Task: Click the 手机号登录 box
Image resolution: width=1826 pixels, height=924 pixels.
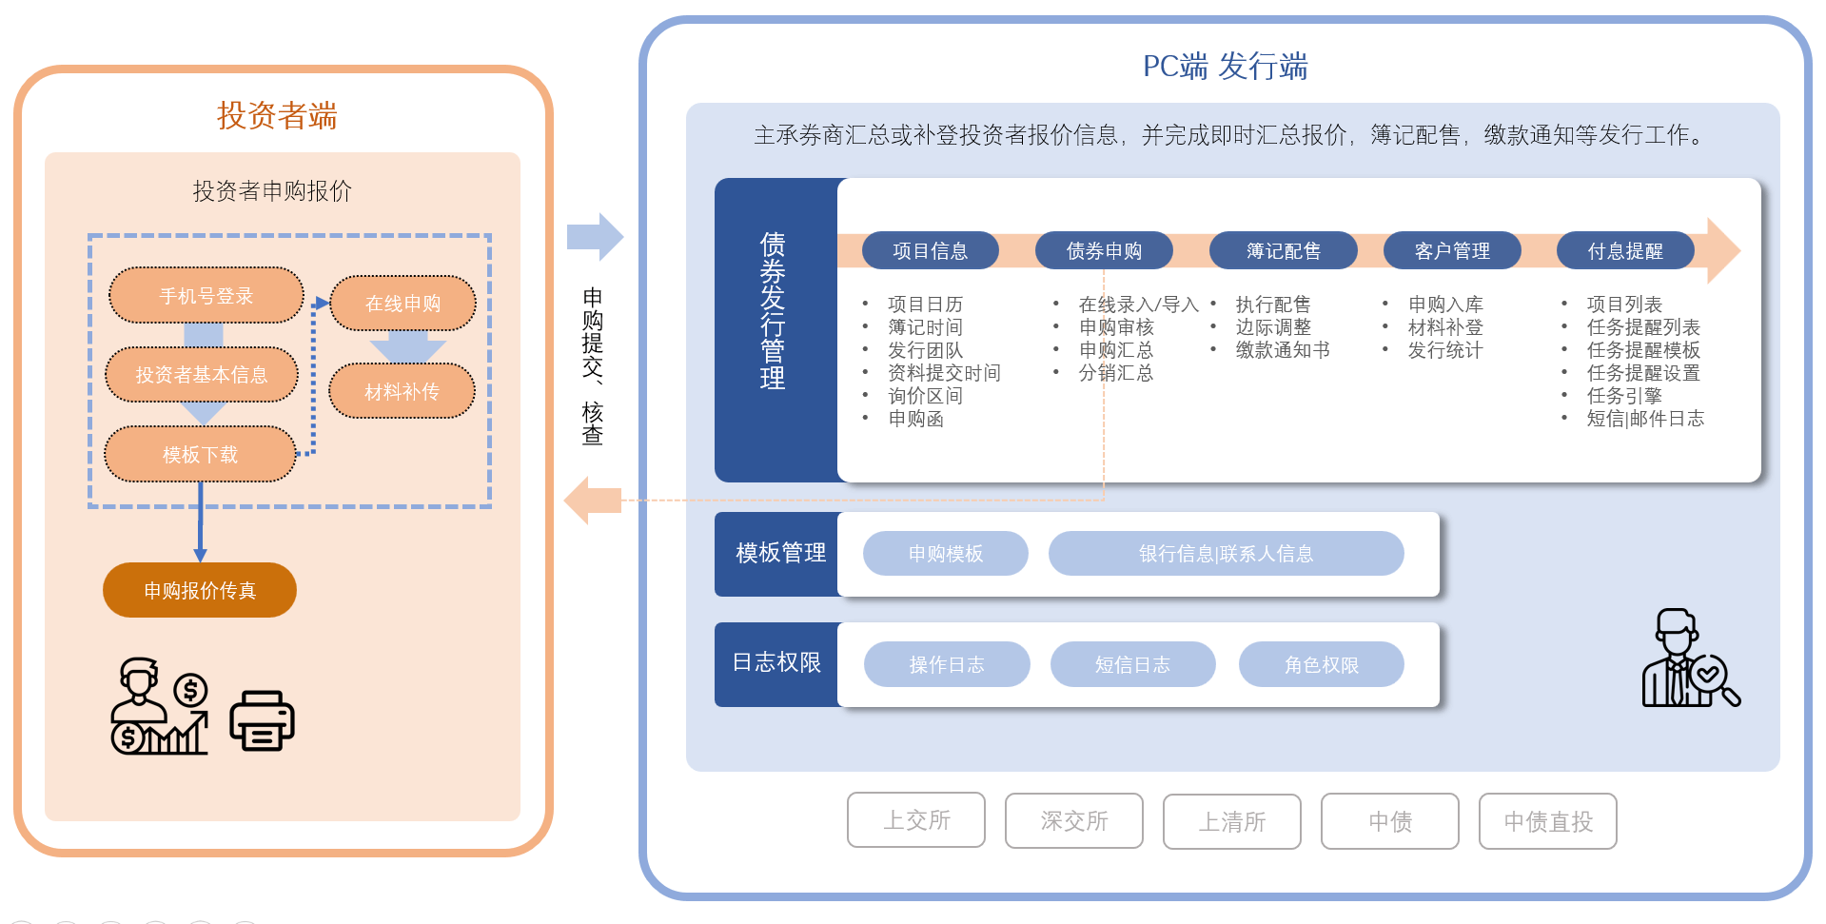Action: pos(206,296)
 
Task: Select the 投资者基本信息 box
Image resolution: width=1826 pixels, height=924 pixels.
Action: pos(202,375)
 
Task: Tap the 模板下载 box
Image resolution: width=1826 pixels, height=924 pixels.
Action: pos(200,455)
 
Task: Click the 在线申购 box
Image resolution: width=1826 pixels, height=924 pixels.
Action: pos(403,304)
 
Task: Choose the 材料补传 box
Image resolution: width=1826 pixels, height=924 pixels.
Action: pos(402,391)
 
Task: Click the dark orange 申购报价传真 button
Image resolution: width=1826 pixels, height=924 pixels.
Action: pos(200,591)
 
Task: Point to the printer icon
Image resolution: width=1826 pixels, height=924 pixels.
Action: pos(262,720)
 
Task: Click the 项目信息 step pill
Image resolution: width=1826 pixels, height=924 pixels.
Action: pos(930,251)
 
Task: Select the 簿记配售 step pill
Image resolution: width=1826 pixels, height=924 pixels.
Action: pos(1283,251)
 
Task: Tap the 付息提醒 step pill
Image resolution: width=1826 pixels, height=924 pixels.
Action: pos(1625,251)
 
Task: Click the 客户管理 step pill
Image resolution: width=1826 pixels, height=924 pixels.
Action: pos(1452,251)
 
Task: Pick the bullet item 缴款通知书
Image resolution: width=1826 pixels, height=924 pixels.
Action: pos(1282,350)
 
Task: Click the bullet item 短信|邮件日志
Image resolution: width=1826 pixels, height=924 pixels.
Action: pos(1645,419)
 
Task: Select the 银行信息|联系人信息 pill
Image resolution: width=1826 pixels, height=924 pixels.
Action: pos(1226,554)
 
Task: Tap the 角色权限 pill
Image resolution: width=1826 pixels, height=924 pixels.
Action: pos(1321,665)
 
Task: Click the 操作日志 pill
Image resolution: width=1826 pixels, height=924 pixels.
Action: pos(946,665)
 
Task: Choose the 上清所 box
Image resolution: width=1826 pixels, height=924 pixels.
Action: pos(1231,821)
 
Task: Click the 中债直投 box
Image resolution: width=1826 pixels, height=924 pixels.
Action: pos(1547,821)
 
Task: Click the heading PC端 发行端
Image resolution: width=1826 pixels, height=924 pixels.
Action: pos(1225,67)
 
